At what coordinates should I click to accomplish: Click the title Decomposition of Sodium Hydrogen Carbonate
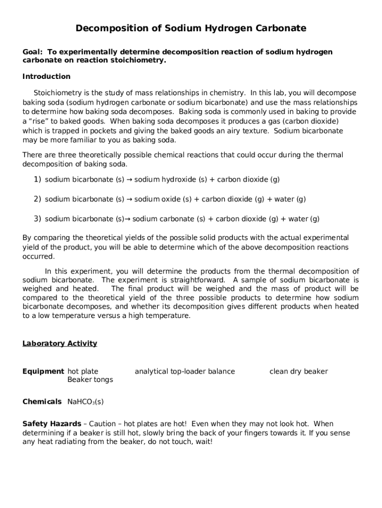191,28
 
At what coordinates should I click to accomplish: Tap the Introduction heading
47,76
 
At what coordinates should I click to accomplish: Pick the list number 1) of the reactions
37,179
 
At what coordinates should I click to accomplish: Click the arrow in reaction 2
129,199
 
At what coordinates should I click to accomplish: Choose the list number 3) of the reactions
37,218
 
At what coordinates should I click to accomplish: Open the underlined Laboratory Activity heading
60,343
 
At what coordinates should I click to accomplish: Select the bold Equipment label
43,371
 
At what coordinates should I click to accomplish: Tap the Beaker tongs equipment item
90,380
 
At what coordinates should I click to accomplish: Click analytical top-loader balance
185,371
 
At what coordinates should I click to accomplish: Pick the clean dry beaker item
298,371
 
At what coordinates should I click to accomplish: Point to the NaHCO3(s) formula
85,401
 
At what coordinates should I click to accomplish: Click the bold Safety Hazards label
52,424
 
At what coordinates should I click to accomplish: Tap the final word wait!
203,442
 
